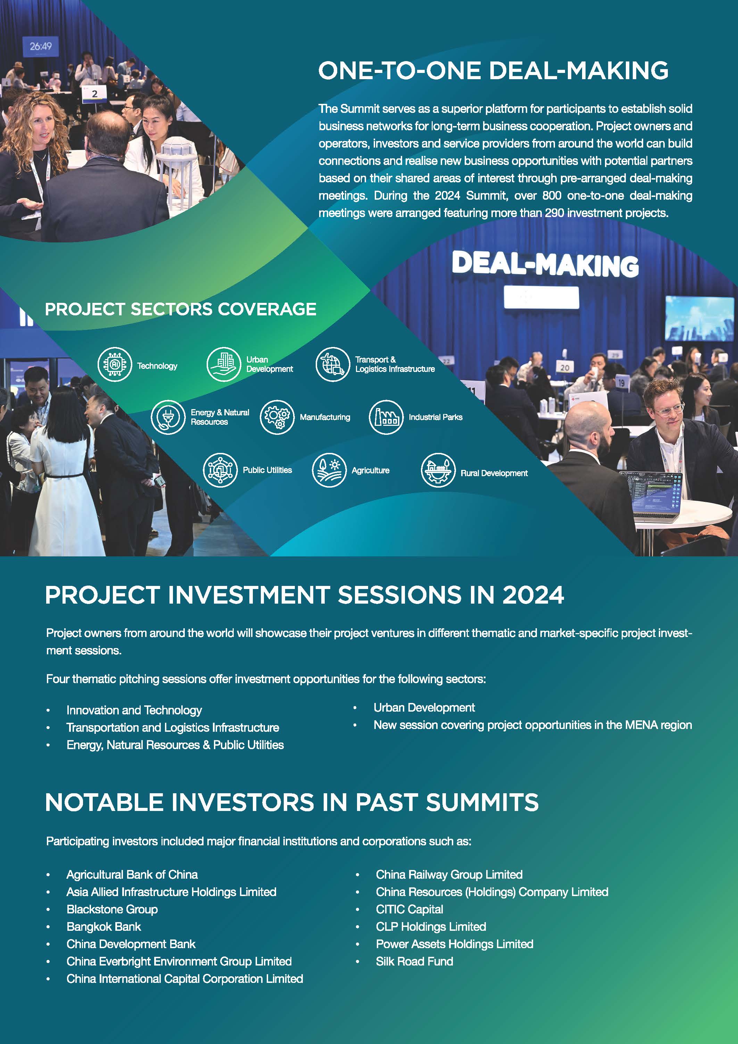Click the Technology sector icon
point(115,365)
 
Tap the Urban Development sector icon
point(224,364)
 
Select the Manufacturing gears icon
point(277,417)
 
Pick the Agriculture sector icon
point(329,470)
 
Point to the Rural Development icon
point(438,470)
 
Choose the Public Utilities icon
point(220,470)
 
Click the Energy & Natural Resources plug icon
point(168,417)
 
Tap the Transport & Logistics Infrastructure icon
point(333,364)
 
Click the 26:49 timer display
point(41,47)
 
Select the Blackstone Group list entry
point(112,909)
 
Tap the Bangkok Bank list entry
point(104,926)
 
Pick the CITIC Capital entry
point(409,909)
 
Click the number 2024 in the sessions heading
point(533,594)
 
